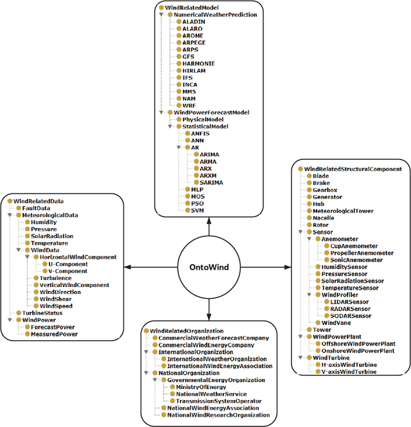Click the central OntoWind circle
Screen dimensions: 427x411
(x=208, y=267)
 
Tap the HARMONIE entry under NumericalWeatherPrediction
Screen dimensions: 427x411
(x=198, y=64)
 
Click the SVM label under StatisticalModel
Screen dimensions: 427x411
(x=197, y=210)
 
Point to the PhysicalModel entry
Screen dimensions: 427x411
(x=203, y=119)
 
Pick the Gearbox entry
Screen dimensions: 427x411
(x=325, y=190)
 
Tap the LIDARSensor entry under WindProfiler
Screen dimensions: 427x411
(x=351, y=302)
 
